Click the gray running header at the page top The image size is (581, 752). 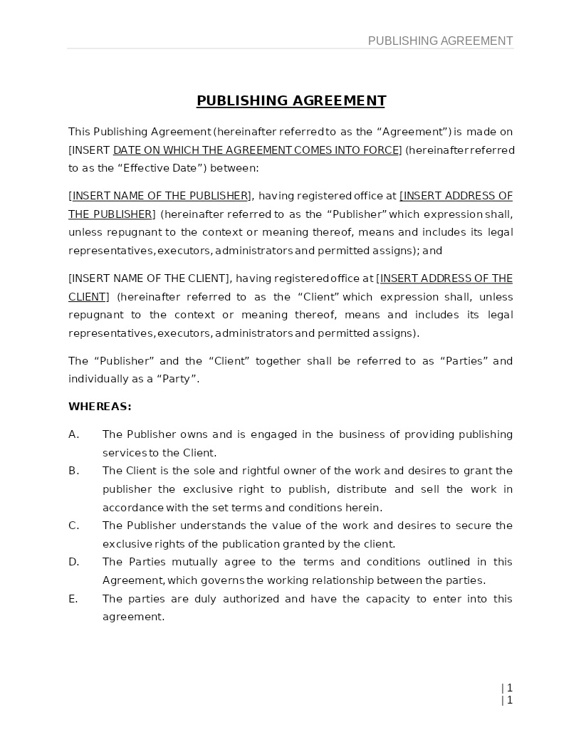pyautogui.click(x=440, y=41)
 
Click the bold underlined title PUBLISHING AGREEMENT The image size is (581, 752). pyautogui.click(x=290, y=101)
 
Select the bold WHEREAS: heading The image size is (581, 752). pyautogui.click(x=100, y=407)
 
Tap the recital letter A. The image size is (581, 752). pyautogui.click(x=73, y=434)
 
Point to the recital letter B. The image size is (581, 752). pyautogui.click(x=73, y=471)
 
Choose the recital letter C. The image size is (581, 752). pyautogui.click(x=73, y=526)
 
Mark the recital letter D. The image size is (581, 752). pyautogui.click(x=73, y=562)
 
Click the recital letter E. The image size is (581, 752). pyautogui.click(x=73, y=599)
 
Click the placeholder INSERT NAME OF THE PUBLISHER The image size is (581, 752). pyautogui.click(x=160, y=196)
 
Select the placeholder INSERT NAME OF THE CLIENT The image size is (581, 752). pyautogui.click(x=150, y=278)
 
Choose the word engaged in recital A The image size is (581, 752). pyautogui.click(x=273, y=434)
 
